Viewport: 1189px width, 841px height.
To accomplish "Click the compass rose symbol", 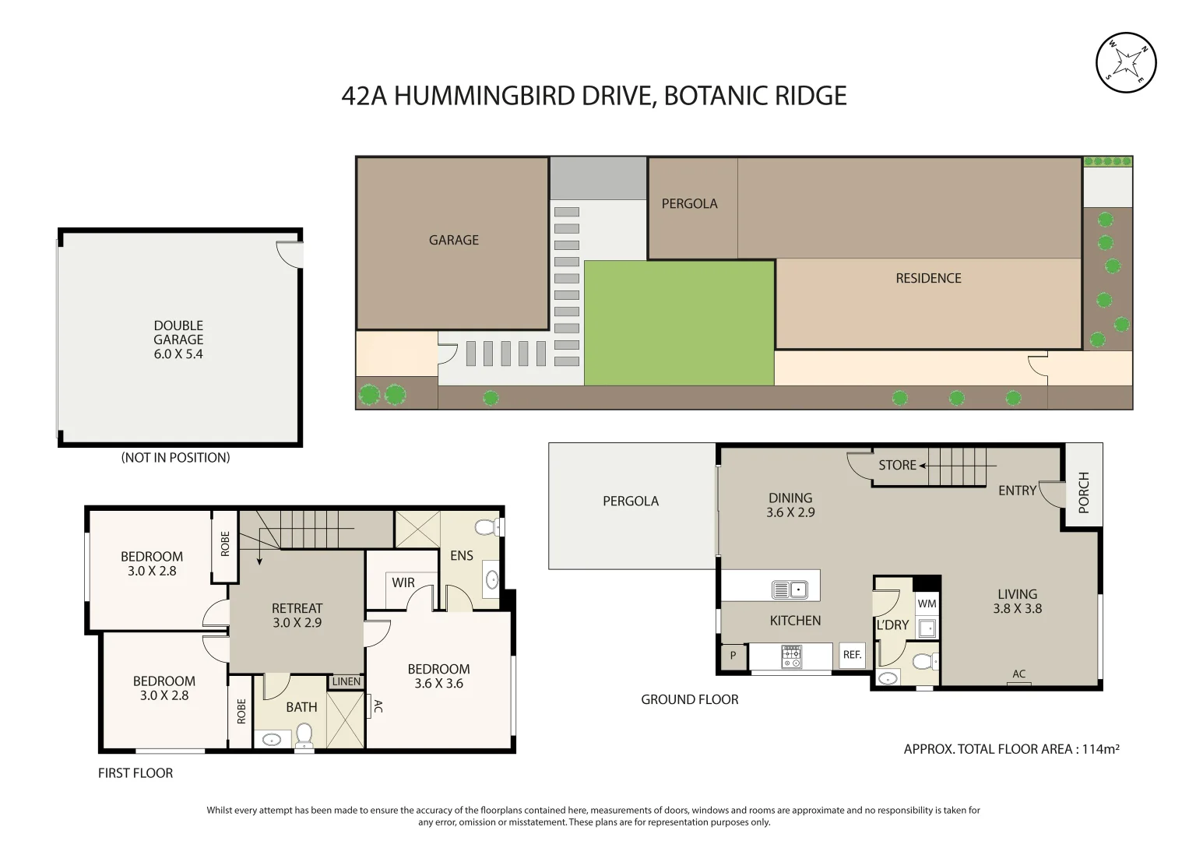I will pos(1126,63).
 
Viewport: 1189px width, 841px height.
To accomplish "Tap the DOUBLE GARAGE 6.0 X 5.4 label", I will pos(178,340).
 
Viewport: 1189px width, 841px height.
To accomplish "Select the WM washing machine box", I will pos(927,603).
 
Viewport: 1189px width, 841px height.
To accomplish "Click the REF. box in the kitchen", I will pos(853,655).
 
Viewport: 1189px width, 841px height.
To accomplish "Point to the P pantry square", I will pos(733,656).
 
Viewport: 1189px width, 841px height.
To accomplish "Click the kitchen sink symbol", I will pos(790,589).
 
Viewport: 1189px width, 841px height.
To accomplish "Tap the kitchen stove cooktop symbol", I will pos(791,656).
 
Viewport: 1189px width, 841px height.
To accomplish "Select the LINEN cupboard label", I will pos(346,681).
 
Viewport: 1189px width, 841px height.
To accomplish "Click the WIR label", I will pos(403,582).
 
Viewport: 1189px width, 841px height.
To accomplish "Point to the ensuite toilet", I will pos(487,528).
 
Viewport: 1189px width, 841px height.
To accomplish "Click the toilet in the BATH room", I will pos(304,734).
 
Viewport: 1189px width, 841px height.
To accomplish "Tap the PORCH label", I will pos(1084,492).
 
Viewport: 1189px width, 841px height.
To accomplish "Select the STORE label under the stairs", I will pos(897,465).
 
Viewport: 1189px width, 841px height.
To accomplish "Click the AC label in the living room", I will pos(1019,674).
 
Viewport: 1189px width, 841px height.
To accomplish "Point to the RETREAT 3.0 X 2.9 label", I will pos(297,615).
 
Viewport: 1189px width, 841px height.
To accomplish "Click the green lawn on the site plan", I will pos(679,322).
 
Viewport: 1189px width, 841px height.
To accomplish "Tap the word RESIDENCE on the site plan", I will pos(928,278).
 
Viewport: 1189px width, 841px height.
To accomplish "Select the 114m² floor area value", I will pos(1100,749).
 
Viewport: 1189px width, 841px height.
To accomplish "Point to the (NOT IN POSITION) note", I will pos(175,458).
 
